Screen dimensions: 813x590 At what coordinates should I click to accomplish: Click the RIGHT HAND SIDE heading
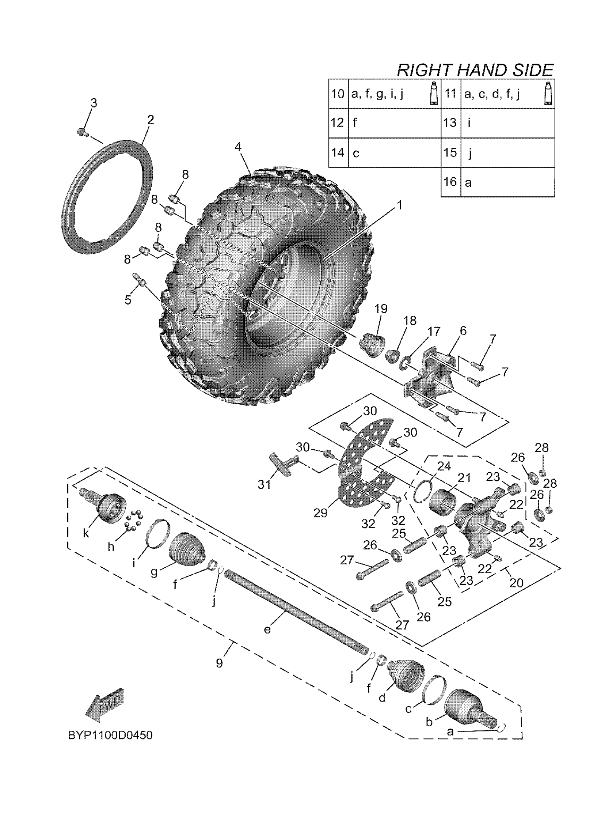pyautogui.click(x=475, y=70)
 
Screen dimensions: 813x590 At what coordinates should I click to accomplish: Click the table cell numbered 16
pyautogui.click(x=450, y=182)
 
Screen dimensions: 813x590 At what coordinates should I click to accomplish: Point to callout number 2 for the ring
pyautogui.click(x=150, y=120)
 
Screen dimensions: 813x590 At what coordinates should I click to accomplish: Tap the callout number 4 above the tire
pyautogui.click(x=238, y=147)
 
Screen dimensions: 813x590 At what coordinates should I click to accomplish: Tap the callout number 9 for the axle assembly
pyautogui.click(x=219, y=663)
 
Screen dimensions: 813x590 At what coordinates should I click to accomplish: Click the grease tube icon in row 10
pyautogui.click(x=434, y=94)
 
